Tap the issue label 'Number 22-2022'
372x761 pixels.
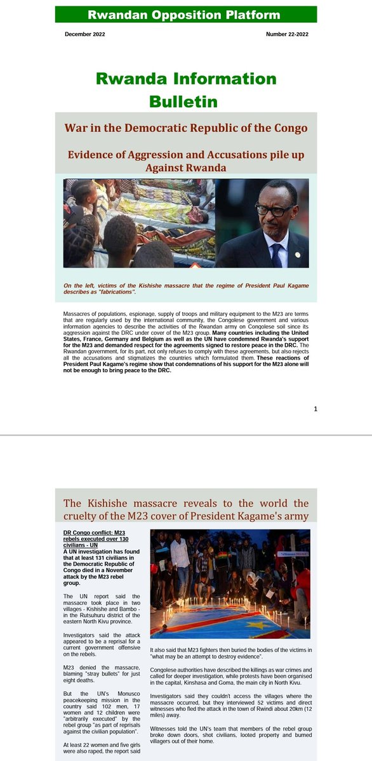click(287, 34)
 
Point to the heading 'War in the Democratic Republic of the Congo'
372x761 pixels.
click(186, 127)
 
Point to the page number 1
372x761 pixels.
click(315, 409)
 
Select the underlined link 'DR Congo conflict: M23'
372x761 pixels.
click(99, 530)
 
